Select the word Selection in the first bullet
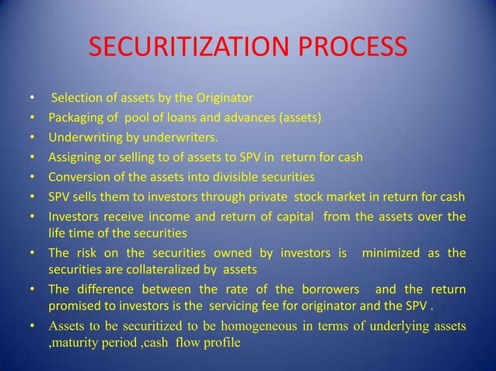click(76, 99)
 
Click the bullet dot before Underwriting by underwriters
click(32, 139)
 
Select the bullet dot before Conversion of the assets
click(32, 178)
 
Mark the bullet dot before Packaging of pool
click(32, 120)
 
